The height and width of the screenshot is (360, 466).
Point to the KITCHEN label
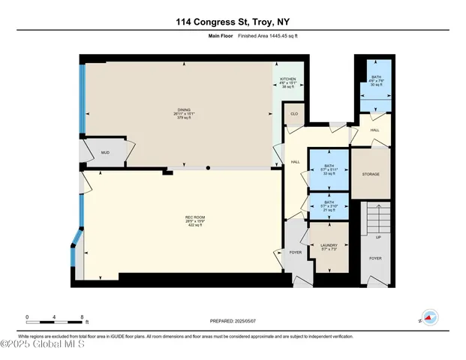point(288,79)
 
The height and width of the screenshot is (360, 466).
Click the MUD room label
point(106,152)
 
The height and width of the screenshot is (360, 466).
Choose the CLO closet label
point(294,114)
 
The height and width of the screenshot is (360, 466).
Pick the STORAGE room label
point(371,175)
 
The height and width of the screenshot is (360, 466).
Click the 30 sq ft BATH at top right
point(374,77)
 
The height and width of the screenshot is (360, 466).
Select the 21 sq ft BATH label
point(329,202)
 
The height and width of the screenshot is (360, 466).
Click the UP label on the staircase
point(378,238)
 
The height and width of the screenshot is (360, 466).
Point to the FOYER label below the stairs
point(375,258)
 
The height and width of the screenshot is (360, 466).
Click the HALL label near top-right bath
point(374,130)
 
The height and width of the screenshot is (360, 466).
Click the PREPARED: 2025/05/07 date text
point(233,321)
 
